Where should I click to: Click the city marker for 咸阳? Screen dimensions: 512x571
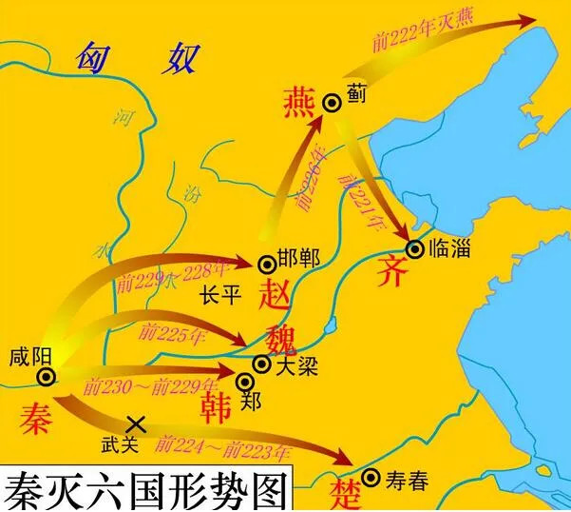pos(45,378)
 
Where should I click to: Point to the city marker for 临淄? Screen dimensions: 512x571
pos(414,249)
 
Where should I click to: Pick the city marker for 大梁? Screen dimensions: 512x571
pos(260,364)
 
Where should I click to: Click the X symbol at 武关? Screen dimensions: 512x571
pos(135,423)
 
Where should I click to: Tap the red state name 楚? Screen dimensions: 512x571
pos(343,495)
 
